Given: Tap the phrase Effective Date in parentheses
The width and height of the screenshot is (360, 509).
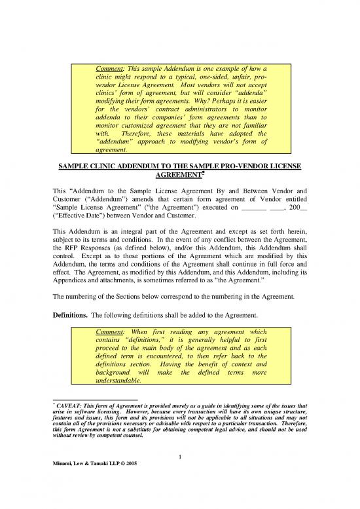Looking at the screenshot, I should point(77,214).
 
